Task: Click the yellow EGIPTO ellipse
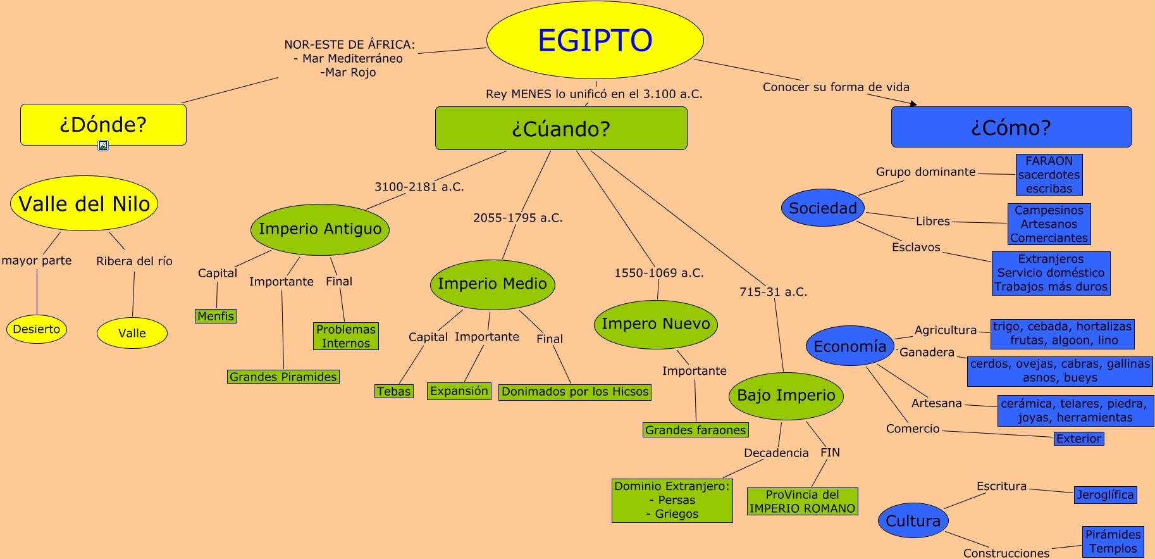tap(595, 40)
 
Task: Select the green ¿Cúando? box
tap(561, 129)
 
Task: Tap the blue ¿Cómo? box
tap(1011, 127)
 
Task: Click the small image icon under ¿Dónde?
tap(103, 146)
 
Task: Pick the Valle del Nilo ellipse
tap(84, 203)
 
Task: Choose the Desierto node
tap(37, 329)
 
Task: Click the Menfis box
tap(216, 316)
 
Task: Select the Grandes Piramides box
tap(283, 377)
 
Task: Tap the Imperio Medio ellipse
tap(492, 284)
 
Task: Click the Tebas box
tap(393, 391)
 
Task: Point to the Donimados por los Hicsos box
tap(575, 392)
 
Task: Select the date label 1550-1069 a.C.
tap(659, 273)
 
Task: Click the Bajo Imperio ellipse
tap(786, 396)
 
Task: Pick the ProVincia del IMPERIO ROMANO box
tap(802, 501)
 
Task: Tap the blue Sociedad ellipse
tap(822, 208)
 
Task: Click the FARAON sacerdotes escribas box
tap(1049, 175)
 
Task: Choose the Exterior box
tap(1078, 439)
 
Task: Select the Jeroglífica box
tap(1105, 495)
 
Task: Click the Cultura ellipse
tap(913, 520)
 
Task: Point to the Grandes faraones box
tap(696, 430)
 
